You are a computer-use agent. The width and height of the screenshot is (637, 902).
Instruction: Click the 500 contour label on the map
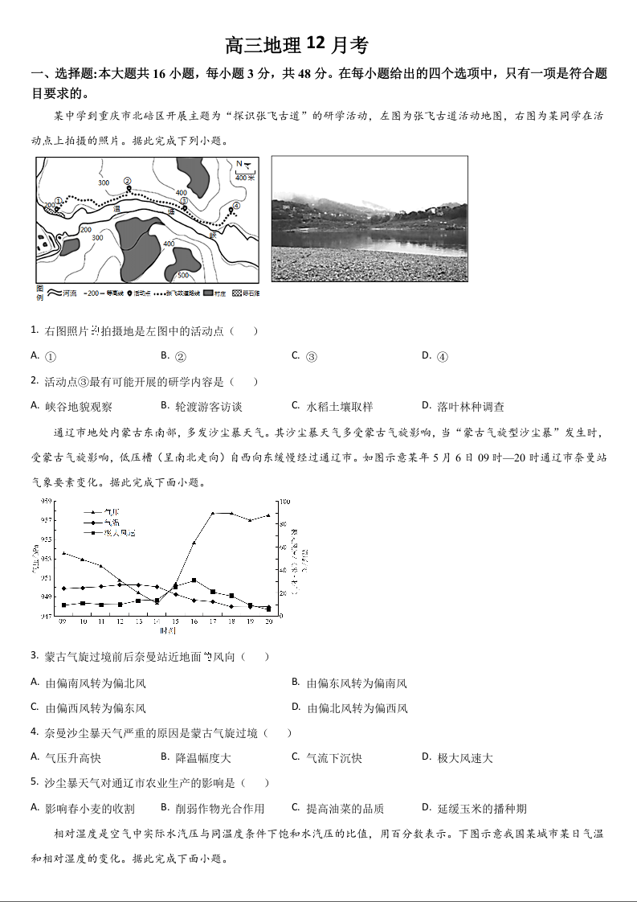(183, 274)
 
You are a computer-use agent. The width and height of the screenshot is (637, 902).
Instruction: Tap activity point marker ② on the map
(128, 182)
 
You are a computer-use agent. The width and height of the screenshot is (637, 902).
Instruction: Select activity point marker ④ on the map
(235, 207)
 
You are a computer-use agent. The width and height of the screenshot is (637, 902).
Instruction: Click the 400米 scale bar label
(245, 178)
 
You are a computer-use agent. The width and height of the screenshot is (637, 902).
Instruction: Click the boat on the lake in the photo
(455, 228)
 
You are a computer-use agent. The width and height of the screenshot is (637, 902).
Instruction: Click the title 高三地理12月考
(296, 44)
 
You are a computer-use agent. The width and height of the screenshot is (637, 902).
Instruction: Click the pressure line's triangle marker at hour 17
(213, 513)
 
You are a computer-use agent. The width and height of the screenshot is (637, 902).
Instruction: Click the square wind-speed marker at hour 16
(194, 580)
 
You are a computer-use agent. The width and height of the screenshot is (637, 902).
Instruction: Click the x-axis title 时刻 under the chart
(167, 631)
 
